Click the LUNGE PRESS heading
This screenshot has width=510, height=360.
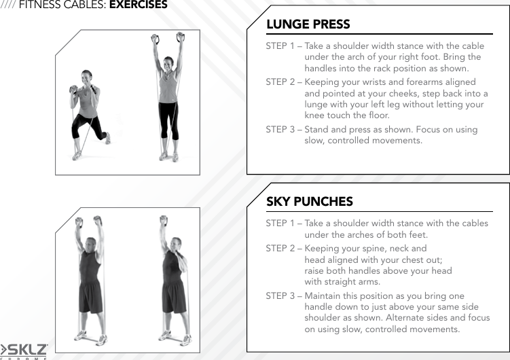(308, 24)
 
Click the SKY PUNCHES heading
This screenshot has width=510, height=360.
(309, 202)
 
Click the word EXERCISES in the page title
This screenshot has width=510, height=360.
(138, 5)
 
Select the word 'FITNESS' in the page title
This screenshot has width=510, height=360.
(41, 5)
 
